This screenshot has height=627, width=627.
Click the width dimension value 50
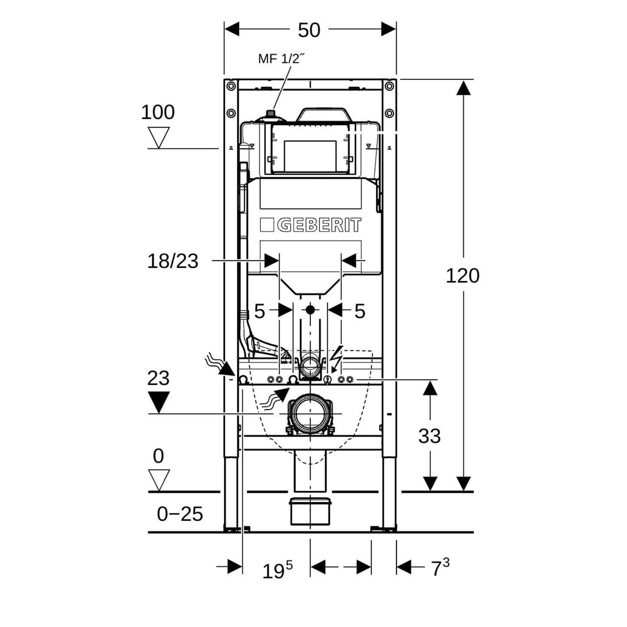[309, 30]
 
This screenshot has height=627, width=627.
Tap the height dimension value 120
[463, 276]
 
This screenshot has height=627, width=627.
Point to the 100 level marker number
[158, 112]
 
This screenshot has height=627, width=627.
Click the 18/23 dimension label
[173, 261]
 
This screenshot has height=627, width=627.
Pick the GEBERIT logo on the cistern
[311, 225]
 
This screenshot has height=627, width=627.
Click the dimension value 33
[429, 436]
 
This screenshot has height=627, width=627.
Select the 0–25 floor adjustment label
[180, 514]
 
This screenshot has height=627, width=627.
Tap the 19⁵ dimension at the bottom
[277, 570]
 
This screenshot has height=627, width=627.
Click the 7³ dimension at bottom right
[440, 568]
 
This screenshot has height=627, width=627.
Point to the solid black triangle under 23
[158, 401]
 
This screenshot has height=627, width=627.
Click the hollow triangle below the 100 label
[158, 137]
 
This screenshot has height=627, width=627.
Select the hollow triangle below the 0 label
[158, 479]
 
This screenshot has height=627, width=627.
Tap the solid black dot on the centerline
[310, 310]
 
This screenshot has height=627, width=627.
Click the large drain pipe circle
[309, 414]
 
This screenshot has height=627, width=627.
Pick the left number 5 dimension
[259, 311]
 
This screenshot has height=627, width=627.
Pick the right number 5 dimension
[360, 311]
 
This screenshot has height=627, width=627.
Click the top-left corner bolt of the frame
[231, 86]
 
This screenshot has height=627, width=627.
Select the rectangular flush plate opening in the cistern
[310, 155]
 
